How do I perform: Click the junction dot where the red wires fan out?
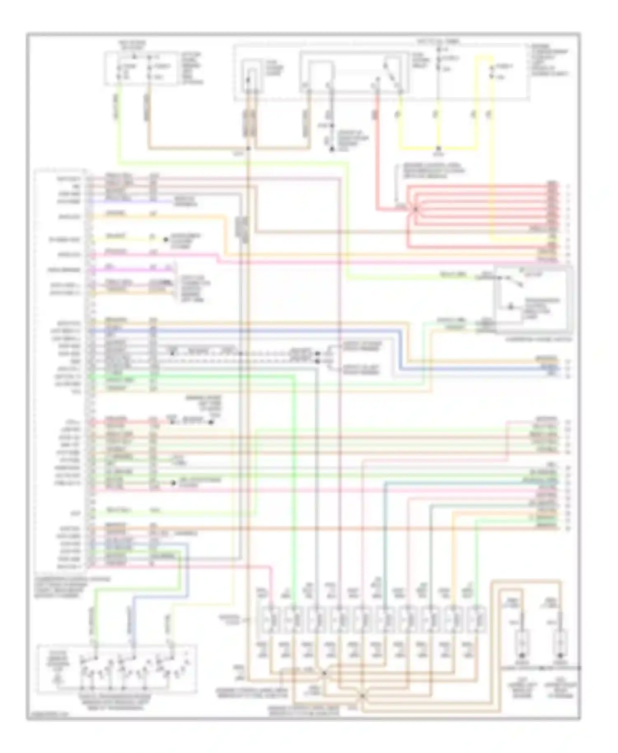coord(415,209)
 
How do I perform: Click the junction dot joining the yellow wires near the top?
coord(438,149)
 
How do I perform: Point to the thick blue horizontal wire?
coord(247,330)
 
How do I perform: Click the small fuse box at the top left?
coord(140,68)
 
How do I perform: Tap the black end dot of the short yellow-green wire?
coord(166,239)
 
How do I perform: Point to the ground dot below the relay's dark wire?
coord(332,149)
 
